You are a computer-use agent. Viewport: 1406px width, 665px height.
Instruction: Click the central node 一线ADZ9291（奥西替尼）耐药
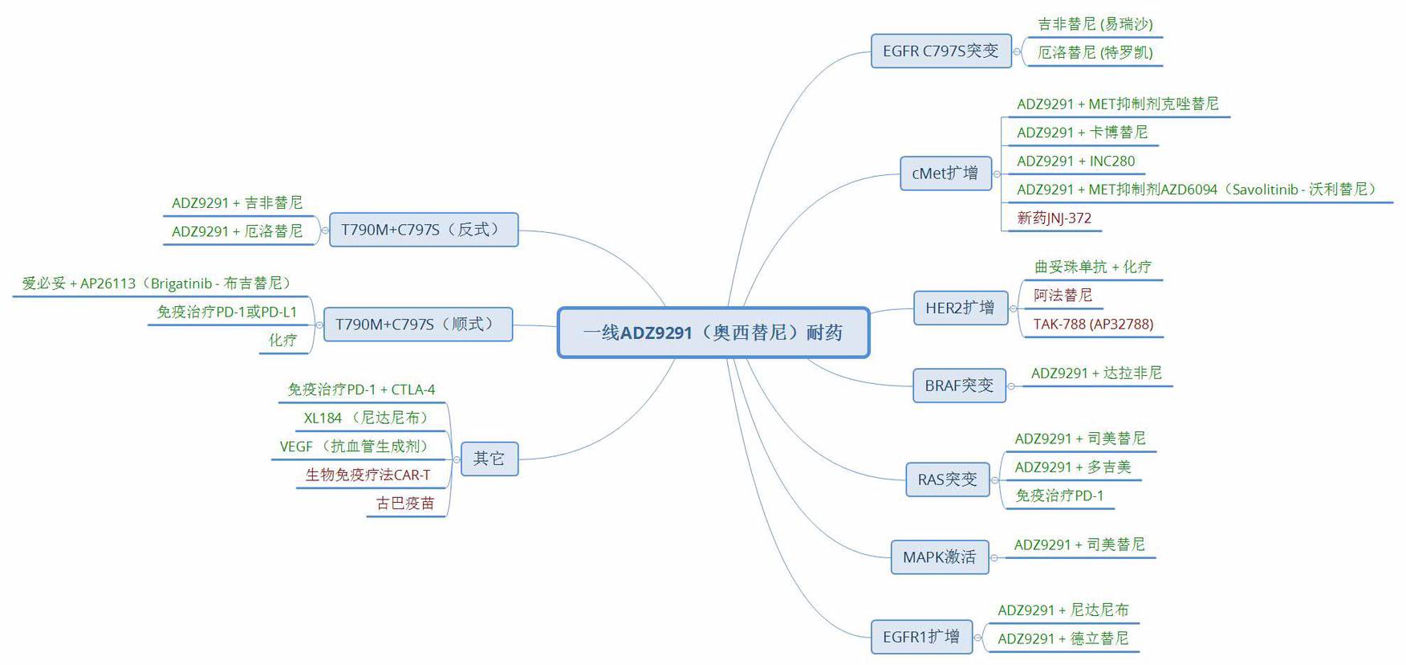pos(713,332)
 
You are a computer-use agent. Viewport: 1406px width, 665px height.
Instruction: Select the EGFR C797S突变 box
pos(941,51)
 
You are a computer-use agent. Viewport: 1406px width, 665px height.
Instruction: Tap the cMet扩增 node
pos(945,173)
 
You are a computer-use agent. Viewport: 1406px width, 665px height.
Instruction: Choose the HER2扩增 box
pos(960,308)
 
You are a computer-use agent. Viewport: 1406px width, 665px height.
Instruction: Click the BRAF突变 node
pos(958,386)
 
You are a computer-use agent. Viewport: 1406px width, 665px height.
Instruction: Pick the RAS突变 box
pos(947,479)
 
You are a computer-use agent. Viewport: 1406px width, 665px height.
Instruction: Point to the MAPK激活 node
pos(939,557)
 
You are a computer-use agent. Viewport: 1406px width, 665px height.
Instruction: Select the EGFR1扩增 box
pos(921,637)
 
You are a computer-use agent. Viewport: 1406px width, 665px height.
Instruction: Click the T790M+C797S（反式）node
pos(423,230)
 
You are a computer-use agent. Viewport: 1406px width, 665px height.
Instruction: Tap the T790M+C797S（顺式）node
pos(417,324)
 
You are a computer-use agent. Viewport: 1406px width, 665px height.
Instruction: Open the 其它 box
pos(489,459)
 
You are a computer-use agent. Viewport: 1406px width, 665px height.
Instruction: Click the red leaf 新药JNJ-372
pos(1054,218)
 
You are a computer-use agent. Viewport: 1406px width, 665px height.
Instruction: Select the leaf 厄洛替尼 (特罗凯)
pos(1095,52)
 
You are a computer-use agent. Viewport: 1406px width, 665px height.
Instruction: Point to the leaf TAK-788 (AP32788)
pos(1093,324)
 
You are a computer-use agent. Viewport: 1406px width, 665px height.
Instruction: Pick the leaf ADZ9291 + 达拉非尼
pos(1096,373)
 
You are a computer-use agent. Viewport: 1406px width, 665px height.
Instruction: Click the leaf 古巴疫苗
pos(405,504)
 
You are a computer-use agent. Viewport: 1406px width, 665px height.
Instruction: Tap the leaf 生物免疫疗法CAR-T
pos(368,475)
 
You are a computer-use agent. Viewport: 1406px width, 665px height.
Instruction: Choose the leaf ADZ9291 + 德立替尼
pos(1063,638)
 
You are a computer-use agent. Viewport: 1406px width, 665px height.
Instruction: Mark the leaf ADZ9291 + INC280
pos(1075,161)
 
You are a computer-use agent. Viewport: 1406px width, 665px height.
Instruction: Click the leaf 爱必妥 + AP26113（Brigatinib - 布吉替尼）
pos(157,284)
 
